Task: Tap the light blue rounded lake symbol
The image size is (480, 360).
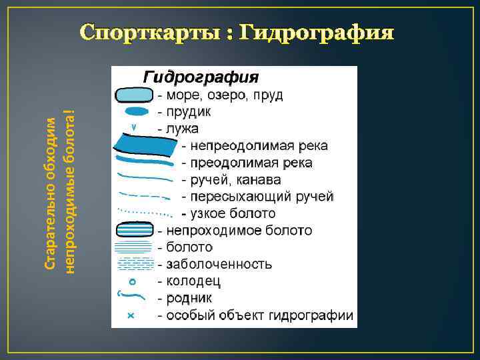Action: click(134, 95)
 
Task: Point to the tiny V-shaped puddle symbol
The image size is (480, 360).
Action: click(134, 127)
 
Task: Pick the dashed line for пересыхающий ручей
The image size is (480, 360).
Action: click(144, 197)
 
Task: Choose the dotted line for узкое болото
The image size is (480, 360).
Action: click(144, 213)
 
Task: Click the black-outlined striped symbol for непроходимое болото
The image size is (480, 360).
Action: click(134, 230)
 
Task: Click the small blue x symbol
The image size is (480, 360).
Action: click(131, 315)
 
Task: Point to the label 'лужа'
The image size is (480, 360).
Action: click(179, 127)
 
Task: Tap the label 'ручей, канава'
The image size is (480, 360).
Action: click(235, 180)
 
